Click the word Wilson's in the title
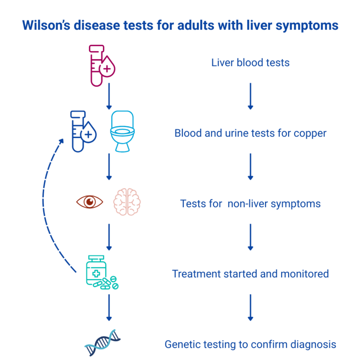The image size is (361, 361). click(46, 25)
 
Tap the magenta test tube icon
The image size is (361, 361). click(102, 66)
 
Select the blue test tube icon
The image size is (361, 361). click(83, 132)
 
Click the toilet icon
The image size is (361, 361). click(123, 132)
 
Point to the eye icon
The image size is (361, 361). click(90, 202)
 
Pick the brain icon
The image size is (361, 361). click(127, 202)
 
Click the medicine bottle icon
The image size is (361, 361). click(102, 272)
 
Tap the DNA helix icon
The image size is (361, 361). click(102, 343)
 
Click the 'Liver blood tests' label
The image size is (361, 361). click(250, 63)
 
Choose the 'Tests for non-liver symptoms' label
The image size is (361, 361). click(250, 204)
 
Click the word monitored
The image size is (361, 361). click(305, 274)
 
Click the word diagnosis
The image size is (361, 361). click(313, 345)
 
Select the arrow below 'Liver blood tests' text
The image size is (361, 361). click(251, 96)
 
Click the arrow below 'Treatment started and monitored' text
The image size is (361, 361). click(251, 307)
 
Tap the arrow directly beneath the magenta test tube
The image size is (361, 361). click(109, 96)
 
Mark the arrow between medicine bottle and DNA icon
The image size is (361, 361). click(109, 307)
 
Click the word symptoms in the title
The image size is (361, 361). click(307, 25)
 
